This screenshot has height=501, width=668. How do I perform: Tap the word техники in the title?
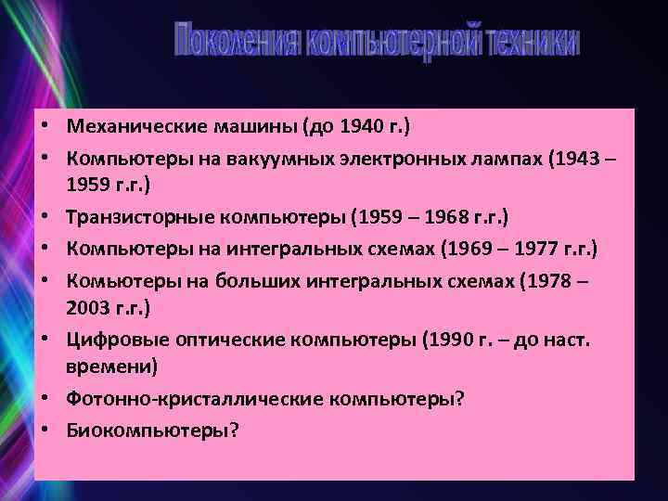pos(533,42)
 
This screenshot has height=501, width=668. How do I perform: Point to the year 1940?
pos(361,125)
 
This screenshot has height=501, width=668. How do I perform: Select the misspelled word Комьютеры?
pos(113,280)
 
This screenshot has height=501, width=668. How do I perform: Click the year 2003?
pos(86,306)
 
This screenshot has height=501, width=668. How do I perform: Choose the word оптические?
pos(211,339)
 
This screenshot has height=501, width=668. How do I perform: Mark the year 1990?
pos(448,339)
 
